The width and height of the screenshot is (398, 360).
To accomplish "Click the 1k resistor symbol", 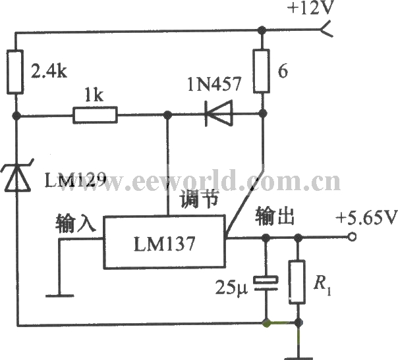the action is (x=95, y=116).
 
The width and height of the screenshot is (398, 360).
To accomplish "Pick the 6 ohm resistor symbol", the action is (x=262, y=70).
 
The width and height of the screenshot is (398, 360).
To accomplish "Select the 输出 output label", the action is (x=274, y=217).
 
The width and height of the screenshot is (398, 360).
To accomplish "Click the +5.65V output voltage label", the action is (x=365, y=217).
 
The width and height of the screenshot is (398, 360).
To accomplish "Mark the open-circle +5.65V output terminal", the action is (x=352, y=238).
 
